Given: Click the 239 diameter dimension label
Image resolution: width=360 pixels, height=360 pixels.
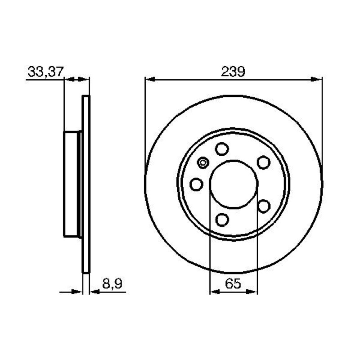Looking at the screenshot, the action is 233,72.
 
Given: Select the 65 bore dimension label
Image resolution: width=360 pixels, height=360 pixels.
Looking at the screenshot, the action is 233,283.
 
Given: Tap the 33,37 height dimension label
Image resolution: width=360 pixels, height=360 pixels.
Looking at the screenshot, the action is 45,72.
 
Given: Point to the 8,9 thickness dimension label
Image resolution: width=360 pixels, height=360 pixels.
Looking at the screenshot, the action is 112,284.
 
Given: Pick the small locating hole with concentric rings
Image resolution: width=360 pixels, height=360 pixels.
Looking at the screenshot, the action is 203,162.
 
